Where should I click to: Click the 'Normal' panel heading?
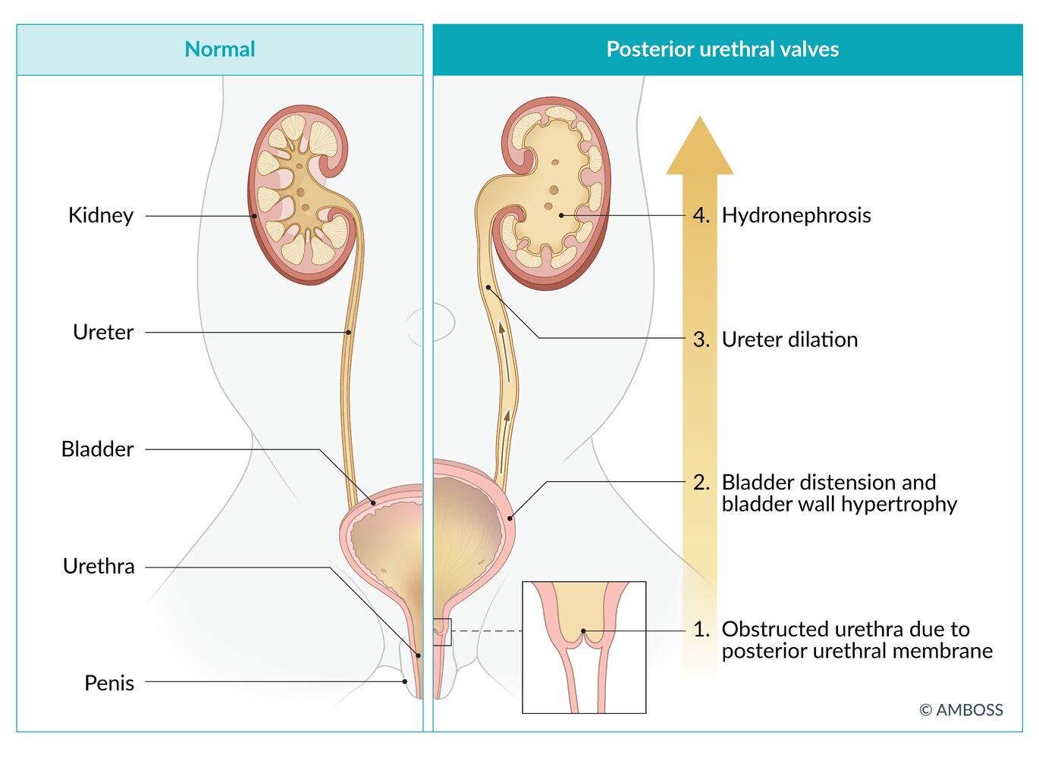pos(220,49)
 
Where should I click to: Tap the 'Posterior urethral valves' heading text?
pos(722,49)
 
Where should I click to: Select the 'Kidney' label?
pos(101,215)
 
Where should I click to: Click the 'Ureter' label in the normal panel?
pos(103,332)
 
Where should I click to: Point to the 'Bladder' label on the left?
pos(97,449)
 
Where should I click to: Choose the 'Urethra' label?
pos(99,566)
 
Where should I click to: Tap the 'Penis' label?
pos(109,683)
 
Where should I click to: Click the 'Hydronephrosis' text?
pos(796,215)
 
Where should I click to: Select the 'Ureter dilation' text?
pos(789,339)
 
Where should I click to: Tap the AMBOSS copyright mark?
pos(961,710)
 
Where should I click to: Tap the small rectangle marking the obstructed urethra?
pos(442,631)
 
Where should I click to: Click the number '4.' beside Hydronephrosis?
pos(701,215)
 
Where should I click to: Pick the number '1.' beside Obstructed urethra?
pos(701,629)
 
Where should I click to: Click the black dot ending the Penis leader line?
pos(405,681)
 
